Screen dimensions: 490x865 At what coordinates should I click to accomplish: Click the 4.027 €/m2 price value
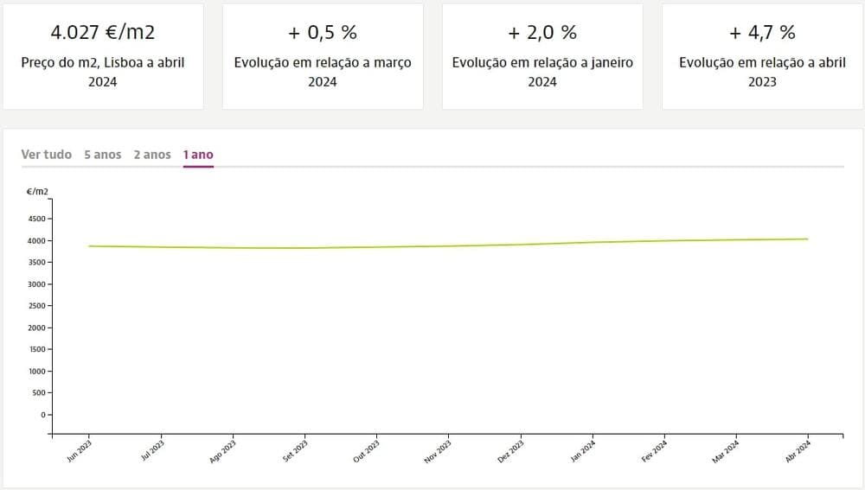pos(102,33)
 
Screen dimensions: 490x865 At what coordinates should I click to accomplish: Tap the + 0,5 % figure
pos(323,33)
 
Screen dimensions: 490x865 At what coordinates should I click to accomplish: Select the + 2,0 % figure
pos(542,33)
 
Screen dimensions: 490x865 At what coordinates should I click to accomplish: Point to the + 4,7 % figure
pos(762,33)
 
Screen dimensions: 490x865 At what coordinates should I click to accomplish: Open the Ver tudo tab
pos(47,155)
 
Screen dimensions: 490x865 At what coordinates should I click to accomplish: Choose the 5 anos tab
pos(103,155)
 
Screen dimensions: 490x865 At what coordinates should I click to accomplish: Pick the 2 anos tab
pos(152,155)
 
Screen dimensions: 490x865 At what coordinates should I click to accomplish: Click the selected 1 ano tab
pos(198,155)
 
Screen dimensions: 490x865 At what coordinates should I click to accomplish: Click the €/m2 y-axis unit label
pos(37,190)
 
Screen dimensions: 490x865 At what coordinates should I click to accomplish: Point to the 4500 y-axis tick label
pos(37,219)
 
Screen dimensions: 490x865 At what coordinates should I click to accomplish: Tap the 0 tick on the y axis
pos(42,415)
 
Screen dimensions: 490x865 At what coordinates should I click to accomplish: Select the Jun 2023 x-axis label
pos(80,452)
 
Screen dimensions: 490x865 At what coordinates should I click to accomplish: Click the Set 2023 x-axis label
pos(295,452)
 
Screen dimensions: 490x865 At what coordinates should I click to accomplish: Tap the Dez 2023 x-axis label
pos(511,452)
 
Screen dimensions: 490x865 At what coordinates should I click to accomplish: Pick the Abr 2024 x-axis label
pos(798,452)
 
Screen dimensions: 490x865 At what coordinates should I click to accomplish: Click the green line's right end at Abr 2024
pos(807,239)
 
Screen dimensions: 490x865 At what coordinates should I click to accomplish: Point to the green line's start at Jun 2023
pos(89,246)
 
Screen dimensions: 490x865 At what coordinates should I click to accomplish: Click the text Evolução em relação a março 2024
pos(323,72)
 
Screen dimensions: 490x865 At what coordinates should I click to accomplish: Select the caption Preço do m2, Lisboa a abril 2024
pos(102,72)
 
